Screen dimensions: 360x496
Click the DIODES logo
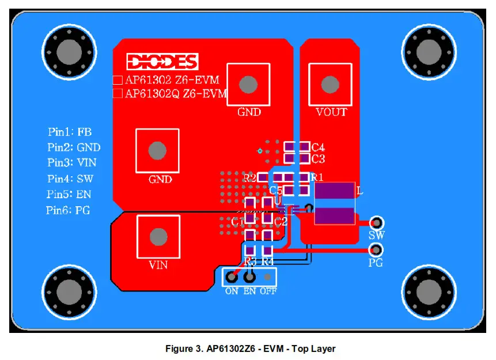click(162, 62)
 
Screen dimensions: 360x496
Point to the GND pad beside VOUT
click(248, 85)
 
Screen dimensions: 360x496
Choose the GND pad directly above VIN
click(157, 151)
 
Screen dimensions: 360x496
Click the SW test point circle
click(377, 222)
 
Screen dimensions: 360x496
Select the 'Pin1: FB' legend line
click(69, 132)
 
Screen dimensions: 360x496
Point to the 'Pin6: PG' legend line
click(68, 210)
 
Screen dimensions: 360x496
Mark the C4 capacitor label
click(318, 147)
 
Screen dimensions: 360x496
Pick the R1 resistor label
click(317, 177)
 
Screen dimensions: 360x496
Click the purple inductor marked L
click(334, 203)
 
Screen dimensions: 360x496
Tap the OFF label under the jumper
click(268, 291)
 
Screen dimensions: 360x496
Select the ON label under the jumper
click(232, 291)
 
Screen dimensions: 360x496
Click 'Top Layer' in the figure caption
click(314, 348)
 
